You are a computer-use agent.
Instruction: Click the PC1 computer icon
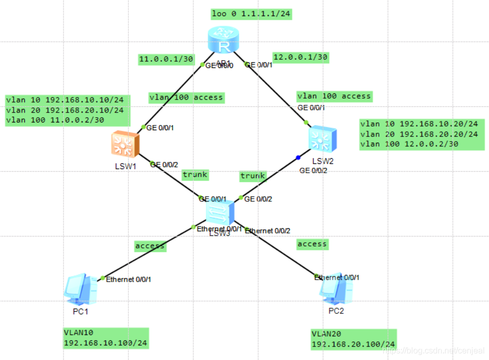click(81, 290)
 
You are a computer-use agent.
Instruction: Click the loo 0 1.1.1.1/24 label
click(251, 14)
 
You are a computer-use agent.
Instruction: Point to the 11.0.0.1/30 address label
click(165, 60)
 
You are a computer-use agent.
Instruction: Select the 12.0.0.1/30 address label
click(301, 57)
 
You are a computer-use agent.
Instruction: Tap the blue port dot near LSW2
click(298, 157)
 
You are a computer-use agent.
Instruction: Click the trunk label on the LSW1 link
click(195, 174)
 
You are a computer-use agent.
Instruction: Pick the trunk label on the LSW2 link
click(252, 176)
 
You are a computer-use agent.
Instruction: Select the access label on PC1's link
click(150, 245)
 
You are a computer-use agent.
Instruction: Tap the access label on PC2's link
click(312, 243)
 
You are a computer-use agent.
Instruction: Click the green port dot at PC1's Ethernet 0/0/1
click(103, 278)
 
